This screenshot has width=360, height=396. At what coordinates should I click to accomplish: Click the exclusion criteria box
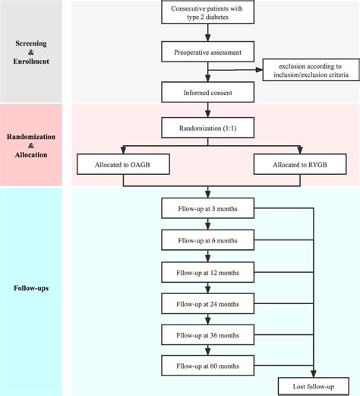point(309,72)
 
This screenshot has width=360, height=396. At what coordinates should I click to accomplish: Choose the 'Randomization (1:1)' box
point(207,123)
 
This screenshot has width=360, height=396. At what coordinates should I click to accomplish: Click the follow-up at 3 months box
point(207,208)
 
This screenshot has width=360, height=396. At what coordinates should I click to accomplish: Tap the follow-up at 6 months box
point(207,240)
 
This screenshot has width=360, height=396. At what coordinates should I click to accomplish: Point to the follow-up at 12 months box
point(207,271)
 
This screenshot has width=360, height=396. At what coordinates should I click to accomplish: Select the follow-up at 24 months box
point(207,303)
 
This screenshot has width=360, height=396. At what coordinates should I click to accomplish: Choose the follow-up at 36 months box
point(207,334)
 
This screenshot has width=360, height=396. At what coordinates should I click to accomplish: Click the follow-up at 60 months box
point(207,366)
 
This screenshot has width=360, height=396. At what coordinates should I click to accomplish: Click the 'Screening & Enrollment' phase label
point(31,52)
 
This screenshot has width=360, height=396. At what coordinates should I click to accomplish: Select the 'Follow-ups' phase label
point(31,289)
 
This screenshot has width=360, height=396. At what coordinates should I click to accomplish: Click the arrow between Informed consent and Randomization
point(207,109)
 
